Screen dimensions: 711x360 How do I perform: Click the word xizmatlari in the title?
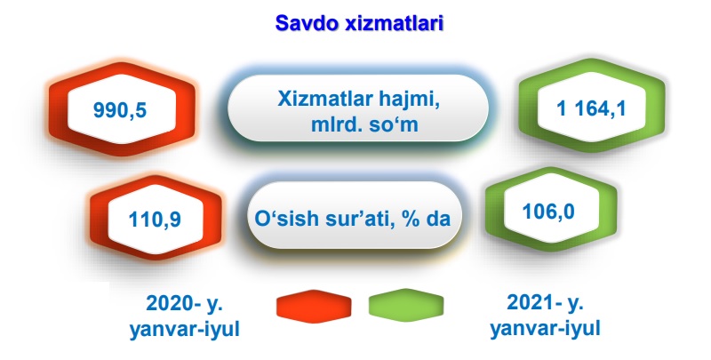(x=394, y=23)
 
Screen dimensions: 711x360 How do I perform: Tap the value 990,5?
(x=120, y=110)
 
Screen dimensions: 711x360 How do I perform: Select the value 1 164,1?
(x=591, y=108)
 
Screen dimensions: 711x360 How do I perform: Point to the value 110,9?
(x=155, y=220)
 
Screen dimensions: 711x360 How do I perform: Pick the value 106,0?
(x=548, y=212)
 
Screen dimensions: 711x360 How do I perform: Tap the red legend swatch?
(x=314, y=304)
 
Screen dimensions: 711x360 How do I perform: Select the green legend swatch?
(x=406, y=304)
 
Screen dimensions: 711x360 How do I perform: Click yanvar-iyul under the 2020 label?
(x=185, y=330)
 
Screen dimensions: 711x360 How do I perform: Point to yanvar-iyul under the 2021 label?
(x=546, y=328)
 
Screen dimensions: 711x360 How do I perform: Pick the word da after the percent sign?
(x=437, y=219)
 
